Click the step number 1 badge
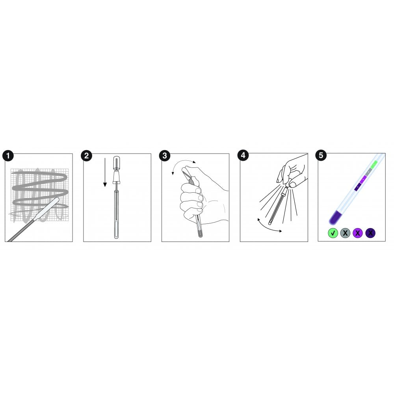tap(8, 156)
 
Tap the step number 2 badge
tap(86, 156)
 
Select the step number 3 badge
tap(165, 156)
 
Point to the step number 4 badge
tap(243, 155)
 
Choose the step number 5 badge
tap(321, 155)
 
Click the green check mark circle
tap(333, 233)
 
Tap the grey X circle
tap(345, 233)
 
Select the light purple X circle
tap(358, 233)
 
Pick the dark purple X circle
tap(370, 233)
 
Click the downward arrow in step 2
tap(105, 173)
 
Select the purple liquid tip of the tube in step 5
tap(335, 217)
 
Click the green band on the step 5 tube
tap(374, 164)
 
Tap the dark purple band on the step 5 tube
tap(358, 187)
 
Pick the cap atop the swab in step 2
tap(116, 162)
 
